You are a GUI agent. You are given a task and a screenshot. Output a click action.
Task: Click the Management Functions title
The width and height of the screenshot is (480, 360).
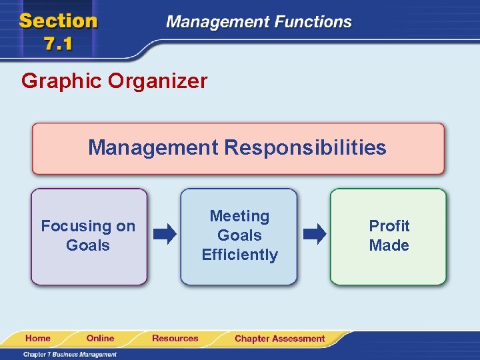coord(259,21)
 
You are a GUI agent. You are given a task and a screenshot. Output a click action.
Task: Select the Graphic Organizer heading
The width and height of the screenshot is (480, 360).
coord(114,81)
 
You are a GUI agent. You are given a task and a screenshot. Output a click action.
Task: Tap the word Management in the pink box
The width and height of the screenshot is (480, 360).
coord(153,147)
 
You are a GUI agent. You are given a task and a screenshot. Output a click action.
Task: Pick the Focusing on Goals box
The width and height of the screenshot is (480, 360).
coord(88,237)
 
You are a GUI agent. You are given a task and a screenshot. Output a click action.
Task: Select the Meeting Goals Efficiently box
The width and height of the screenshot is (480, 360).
coord(239,237)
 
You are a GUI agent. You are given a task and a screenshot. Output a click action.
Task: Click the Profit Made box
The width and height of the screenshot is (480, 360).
coord(389,237)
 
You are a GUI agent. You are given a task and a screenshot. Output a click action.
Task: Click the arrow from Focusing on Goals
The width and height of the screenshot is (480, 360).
coord(165,234)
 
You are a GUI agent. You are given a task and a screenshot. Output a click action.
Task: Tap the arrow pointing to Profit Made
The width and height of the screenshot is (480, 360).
coord(315,234)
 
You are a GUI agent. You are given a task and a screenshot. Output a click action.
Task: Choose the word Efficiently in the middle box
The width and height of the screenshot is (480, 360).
coord(239,255)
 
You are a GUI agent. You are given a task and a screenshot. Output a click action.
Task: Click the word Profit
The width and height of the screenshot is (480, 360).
coord(389,226)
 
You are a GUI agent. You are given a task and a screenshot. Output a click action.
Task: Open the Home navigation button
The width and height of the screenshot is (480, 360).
coord(38,339)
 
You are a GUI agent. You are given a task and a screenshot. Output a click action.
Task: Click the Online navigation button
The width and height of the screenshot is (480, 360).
coord(100,339)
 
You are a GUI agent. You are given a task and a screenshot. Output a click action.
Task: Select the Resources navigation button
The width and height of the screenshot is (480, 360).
coord(175,339)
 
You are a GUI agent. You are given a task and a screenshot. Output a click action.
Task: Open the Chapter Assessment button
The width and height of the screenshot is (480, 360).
coord(279,339)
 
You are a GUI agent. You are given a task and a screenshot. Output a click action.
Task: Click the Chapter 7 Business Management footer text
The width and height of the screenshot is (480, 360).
coord(70,354)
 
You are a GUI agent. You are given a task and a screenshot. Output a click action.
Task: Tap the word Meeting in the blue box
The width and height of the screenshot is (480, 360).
coord(239,216)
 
